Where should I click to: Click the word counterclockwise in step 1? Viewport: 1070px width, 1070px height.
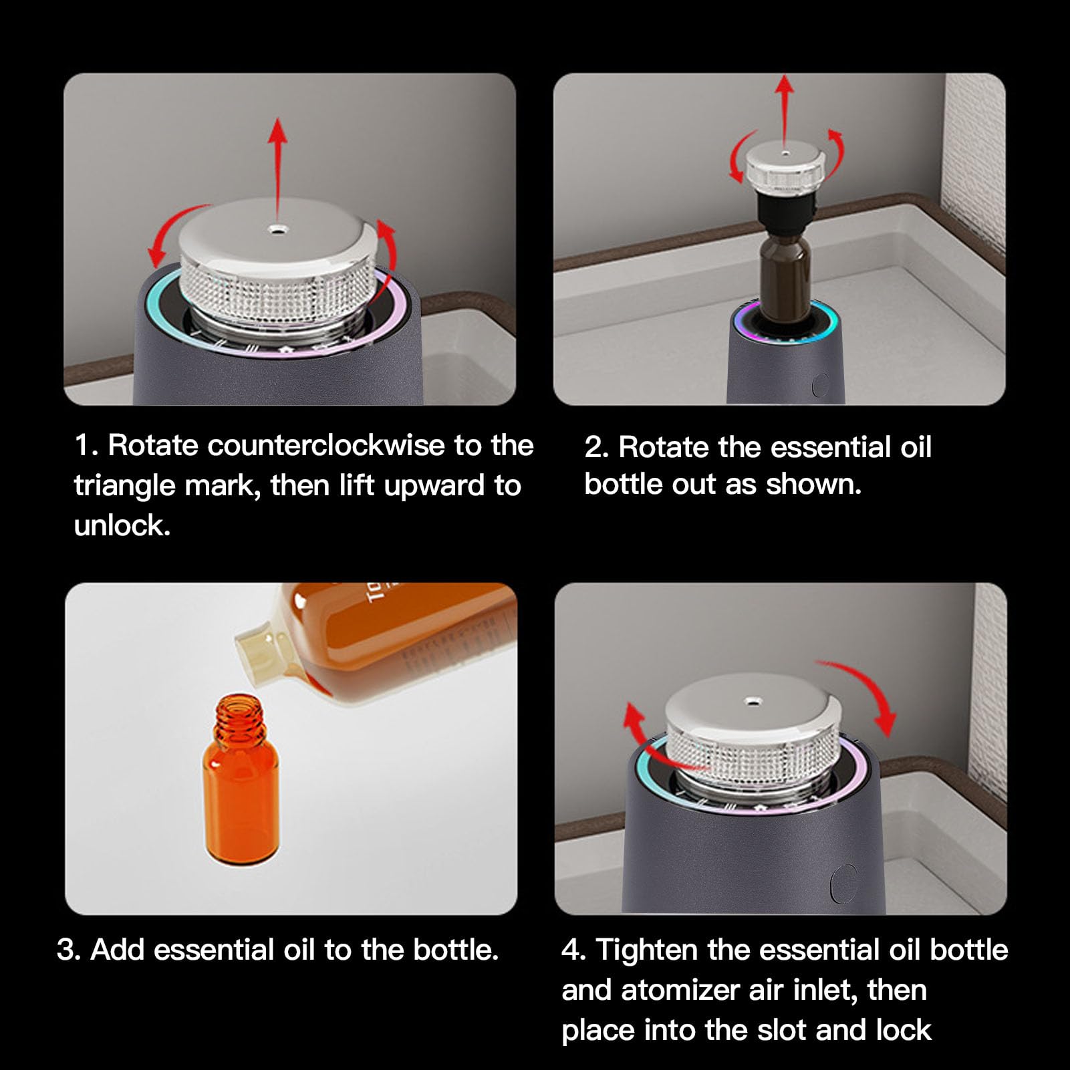[326, 446]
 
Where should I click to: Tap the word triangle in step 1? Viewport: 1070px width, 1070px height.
[125, 486]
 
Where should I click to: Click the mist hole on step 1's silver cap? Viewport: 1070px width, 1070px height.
[275, 229]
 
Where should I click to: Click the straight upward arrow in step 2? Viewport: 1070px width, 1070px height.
[785, 111]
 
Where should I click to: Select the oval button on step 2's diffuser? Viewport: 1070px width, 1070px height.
[820, 386]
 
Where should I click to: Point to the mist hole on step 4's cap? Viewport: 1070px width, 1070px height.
[753, 702]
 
